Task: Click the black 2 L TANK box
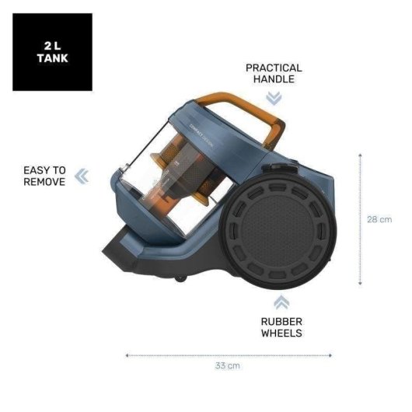coord(52,52)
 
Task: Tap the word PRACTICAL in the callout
coord(274,68)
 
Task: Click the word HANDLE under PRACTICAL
coord(274,79)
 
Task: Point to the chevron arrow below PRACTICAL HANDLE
coord(274,99)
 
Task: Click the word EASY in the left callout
coord(34,170)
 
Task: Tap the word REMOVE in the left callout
coord(44,182)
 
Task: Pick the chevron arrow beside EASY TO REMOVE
coord(82,176)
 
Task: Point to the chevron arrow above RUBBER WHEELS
coord(281,302)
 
